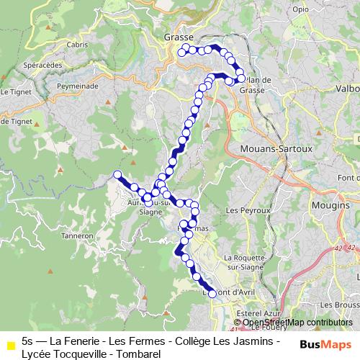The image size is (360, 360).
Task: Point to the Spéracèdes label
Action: pos(41,64)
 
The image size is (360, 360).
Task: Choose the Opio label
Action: pos(300,9)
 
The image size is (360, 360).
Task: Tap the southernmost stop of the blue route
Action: pos(212,293)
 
